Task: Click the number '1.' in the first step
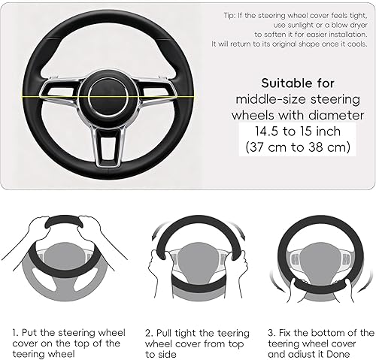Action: (x=14, y=331)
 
